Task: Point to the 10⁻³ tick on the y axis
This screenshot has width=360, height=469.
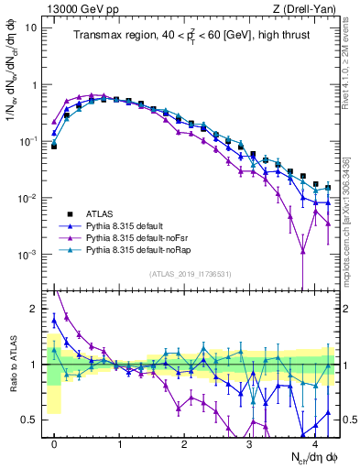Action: point(28,255)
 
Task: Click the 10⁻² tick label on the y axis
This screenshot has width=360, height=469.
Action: point(28,199)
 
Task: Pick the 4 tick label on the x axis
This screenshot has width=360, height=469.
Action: point(314,442)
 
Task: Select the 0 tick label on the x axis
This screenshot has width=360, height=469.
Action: point(54,442)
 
